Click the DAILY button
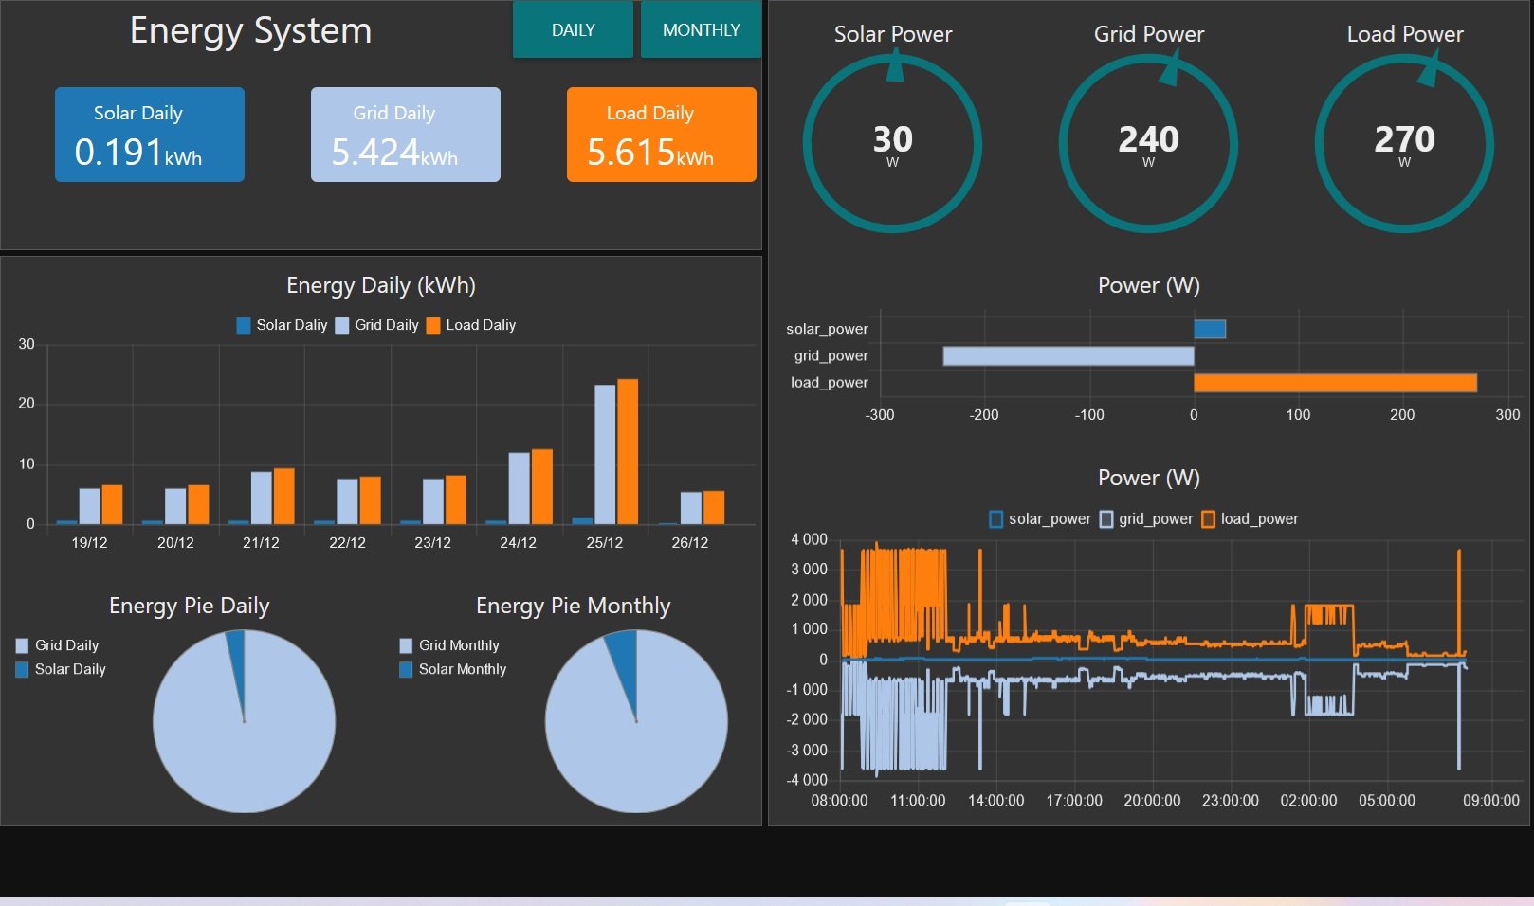click(573, 29)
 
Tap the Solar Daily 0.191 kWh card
click(149, 135)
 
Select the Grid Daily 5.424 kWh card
click(406, 135)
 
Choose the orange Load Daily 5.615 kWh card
click(662, 135)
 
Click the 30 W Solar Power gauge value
click(892, 144)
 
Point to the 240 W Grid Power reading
click(1148, 144)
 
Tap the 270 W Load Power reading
click(1404, 144)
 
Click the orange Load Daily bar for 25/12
click(628, 452)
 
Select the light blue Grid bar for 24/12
click(520, 489)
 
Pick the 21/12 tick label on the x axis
click(261, 543)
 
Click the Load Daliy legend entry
click(471, 325)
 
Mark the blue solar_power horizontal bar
click(1210, 329)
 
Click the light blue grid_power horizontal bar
click(1068, 355)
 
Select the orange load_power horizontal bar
click(1336, 383)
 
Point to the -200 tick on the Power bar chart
click(984, 415)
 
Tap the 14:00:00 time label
click(995, 801)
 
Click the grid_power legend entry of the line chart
click(1146, 518)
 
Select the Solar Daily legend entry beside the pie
click(61, 669)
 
